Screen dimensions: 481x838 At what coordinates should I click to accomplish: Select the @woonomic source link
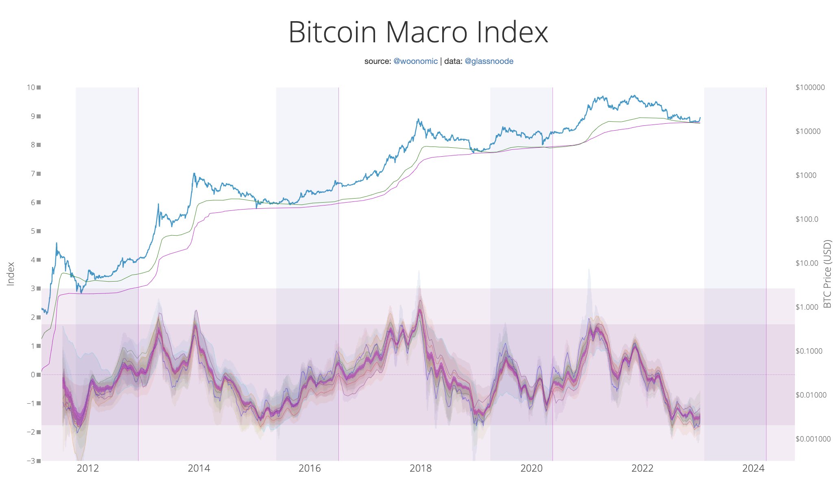[415, 61]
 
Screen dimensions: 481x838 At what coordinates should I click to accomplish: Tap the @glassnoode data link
[489, 61]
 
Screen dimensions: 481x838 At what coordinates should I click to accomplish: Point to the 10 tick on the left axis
[31, 87]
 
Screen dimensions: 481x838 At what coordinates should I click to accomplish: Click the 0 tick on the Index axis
[33, 375]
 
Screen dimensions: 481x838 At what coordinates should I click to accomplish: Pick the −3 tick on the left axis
[31, 461]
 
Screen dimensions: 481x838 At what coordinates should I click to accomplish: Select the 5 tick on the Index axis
[33, 231]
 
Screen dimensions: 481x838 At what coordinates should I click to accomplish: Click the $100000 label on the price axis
[810, 87]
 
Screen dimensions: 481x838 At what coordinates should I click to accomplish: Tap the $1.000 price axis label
[807, 307]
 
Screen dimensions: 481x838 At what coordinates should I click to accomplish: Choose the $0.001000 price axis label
[813, 439]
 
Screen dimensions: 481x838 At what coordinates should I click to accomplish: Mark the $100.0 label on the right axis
[807, 219]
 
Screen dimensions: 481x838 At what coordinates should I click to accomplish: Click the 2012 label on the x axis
[88, 468]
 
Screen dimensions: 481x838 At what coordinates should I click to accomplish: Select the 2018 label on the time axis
[421, 468]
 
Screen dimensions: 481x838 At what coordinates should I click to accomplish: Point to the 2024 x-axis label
[753, 468]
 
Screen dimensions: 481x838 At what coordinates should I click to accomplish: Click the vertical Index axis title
[11, 274]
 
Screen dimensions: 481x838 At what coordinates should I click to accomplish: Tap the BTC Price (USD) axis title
[827, 274]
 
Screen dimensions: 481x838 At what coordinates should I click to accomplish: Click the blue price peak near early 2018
[418, 119]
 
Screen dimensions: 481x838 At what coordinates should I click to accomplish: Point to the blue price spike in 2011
[56, 243]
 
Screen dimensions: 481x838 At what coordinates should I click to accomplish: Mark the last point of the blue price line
[700, 118]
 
